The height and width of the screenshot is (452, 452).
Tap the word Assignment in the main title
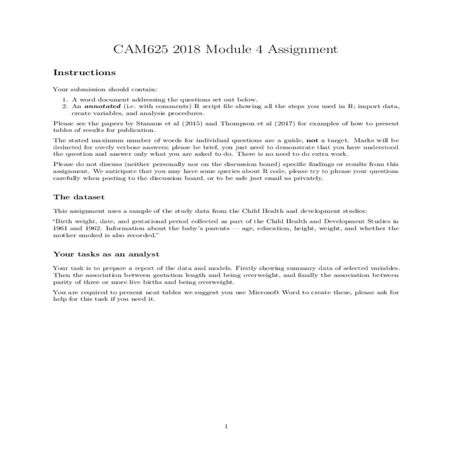point(302,49)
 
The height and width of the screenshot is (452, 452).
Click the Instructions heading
point(84,72)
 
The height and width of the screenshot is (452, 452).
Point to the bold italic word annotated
point(102,106)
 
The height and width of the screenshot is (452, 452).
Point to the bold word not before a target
point(313,140)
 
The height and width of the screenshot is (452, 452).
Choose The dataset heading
point(79,197)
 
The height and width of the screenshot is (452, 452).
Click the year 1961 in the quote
point(59,228)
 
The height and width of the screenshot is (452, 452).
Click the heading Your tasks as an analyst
point(106,254)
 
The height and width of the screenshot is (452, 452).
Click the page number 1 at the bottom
point(226,426)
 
